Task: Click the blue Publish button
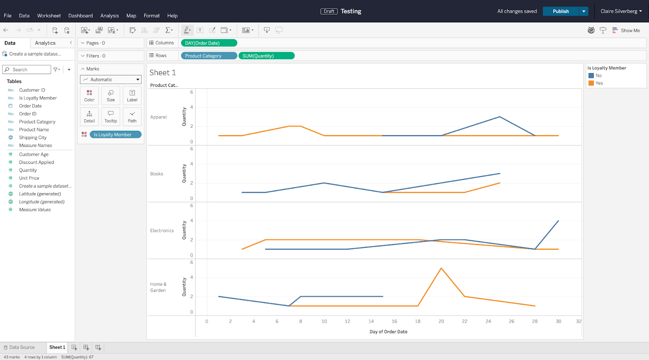(561, 11)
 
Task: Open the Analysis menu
(110, 16)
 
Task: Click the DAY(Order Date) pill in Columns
(208, 43)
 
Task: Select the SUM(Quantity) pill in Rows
(266, 56)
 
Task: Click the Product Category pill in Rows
(208, 56)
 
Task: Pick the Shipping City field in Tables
(32, 138)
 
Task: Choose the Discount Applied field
(36, 162)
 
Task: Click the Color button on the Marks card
(89, 96)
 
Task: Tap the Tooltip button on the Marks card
(111, 117)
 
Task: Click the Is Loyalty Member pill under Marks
(115, 135)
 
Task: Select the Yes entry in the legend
(599, 83)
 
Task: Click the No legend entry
(598, 76)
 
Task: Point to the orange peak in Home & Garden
(441, 268)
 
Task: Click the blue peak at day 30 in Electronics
(558, 221)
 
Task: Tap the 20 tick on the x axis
(441, 321)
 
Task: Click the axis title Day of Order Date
(388, 332)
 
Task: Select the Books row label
(157, 174)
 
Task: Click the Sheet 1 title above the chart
(163, 73)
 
